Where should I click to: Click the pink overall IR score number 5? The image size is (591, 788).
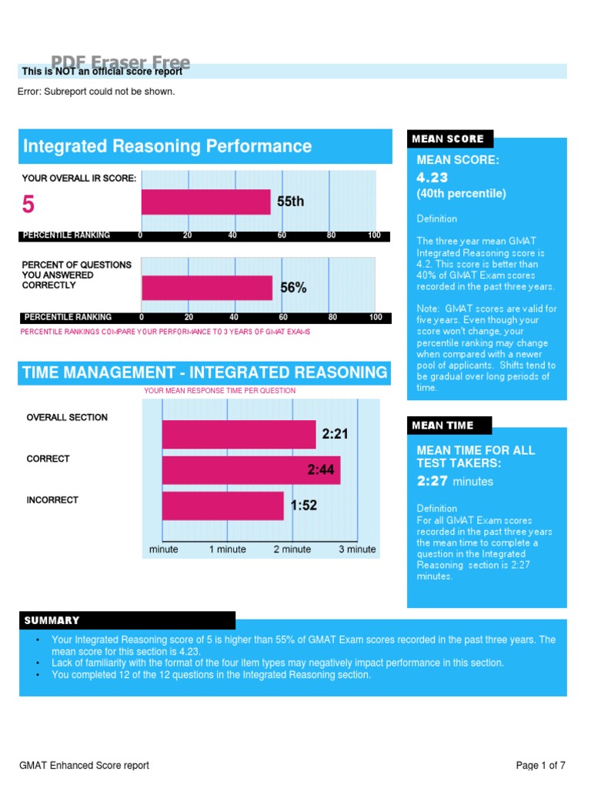coord(28,205)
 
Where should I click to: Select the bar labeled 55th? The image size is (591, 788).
coord(205,202)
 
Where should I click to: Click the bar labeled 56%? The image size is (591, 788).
coord(207,288)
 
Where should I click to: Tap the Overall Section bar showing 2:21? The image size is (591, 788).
coord(239,434)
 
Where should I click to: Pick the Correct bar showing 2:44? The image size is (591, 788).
coord(250,470)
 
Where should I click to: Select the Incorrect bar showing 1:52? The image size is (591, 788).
coord(222,506)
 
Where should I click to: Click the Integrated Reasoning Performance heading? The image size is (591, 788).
coord(167,146)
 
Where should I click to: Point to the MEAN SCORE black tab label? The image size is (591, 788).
coord(448,139)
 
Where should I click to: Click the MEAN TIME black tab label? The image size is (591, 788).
coord(443,426)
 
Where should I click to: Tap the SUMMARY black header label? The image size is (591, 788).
coord(52,620)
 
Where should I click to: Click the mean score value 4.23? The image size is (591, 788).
coord(432,178)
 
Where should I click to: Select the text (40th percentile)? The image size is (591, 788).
coord(461,194)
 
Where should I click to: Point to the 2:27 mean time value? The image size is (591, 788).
coord(432,481)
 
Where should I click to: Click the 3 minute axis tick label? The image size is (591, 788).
coord(357,549)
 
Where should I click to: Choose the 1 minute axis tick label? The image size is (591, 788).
coord(228,549)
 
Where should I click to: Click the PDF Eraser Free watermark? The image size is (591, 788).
coord(121,62)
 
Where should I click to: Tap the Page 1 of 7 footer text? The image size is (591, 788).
coord(541,765)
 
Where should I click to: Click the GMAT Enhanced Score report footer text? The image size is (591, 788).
coord(84,765)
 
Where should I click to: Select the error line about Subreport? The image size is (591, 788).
coord(96,92)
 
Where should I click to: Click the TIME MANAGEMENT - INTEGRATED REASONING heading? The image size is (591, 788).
coord(205,373)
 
